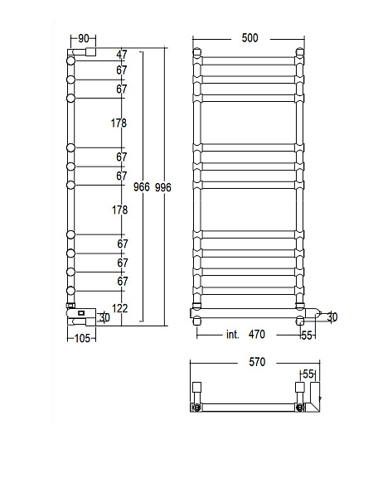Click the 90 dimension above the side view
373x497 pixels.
tap(84, 38)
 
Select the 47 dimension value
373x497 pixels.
tap(122, 55)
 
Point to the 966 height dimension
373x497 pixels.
tap(142, 187)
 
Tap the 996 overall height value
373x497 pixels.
tap(162, 187)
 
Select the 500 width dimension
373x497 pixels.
tap(249, 38)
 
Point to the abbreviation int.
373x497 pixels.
tap(233, 335)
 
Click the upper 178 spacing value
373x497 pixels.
tap(119, 123)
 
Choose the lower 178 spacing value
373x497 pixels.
tap(119, 210)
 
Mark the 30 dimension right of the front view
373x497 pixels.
tap(332, 316)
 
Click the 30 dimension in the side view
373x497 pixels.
tap(104, 317)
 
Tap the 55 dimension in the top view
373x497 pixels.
tap(308, 374)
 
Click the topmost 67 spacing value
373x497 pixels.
tap(122, 70)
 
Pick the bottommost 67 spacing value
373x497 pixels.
tap(122, 282)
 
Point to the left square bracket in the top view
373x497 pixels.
tap(197, 388)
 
